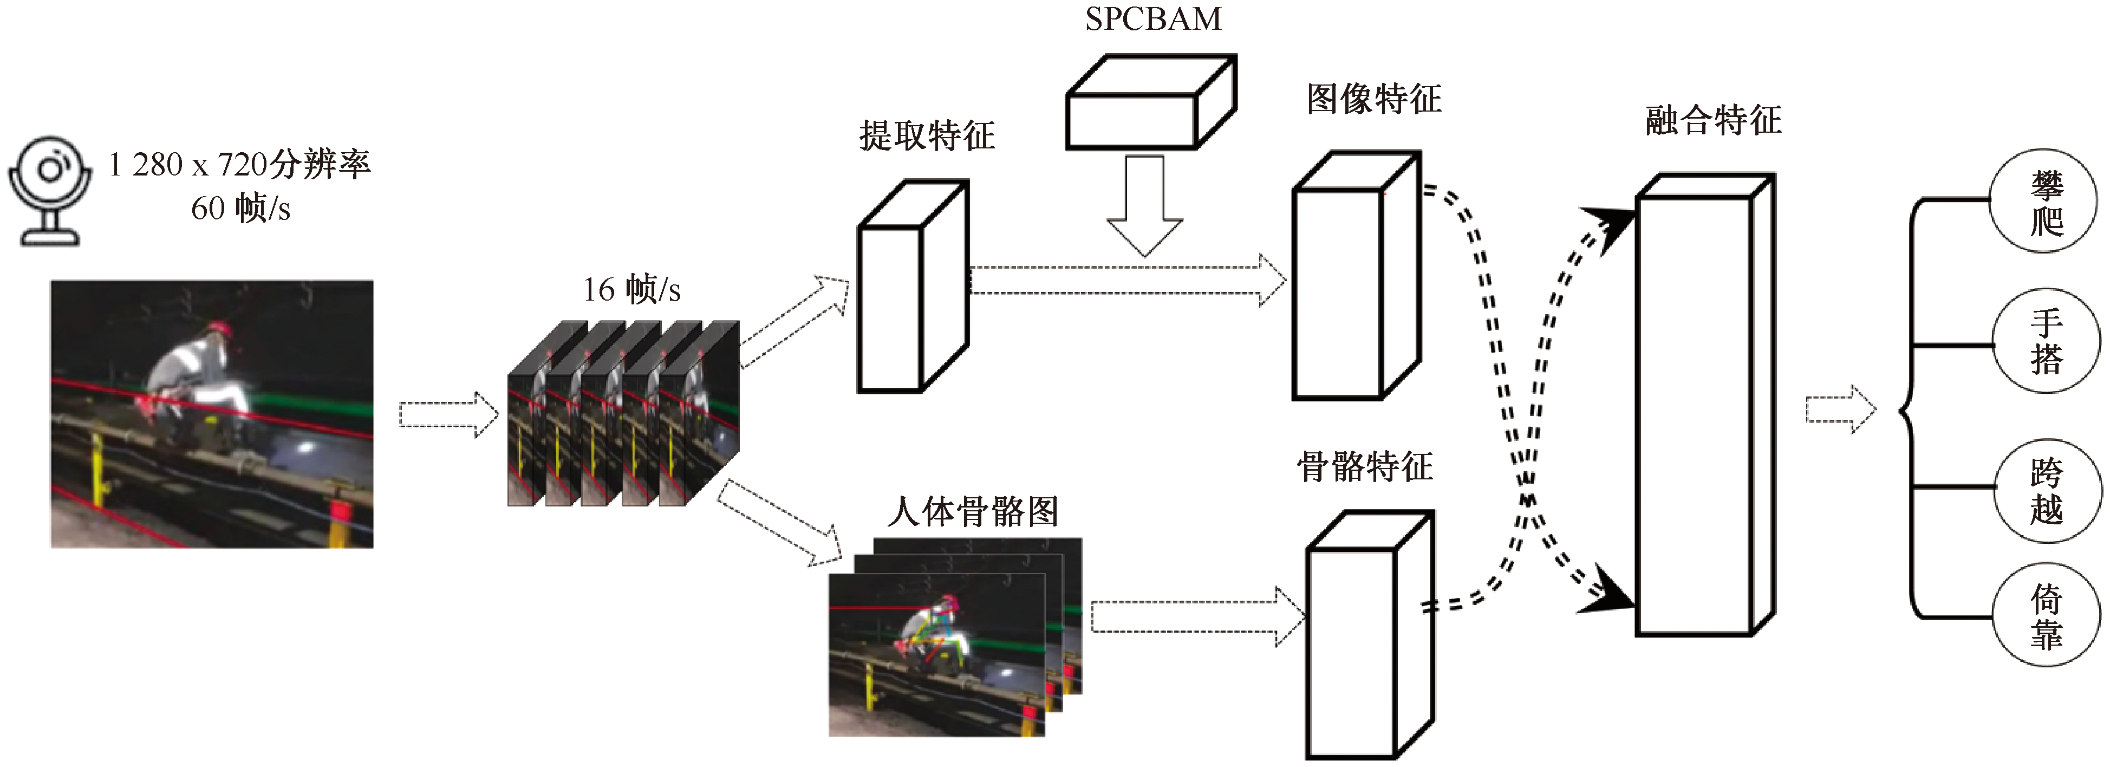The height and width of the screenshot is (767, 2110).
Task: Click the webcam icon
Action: tap(49, 191)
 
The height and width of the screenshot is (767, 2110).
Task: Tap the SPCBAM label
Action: tap(1152, 19)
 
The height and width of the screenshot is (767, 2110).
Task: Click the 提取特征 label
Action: tap(927, 136)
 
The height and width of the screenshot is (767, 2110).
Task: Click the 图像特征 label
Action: tap(1373, 99)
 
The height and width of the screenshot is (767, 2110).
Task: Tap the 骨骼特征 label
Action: tap(1365, 467)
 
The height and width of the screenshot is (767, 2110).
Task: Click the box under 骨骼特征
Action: tap(1367, 639)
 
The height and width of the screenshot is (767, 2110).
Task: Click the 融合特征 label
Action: tap(1714, 120)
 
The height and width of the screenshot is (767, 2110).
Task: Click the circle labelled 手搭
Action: tap(2046, 341)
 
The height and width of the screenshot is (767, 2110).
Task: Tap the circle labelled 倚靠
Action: tap(2046, 616)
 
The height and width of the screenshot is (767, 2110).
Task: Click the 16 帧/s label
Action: tap(631, 289)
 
